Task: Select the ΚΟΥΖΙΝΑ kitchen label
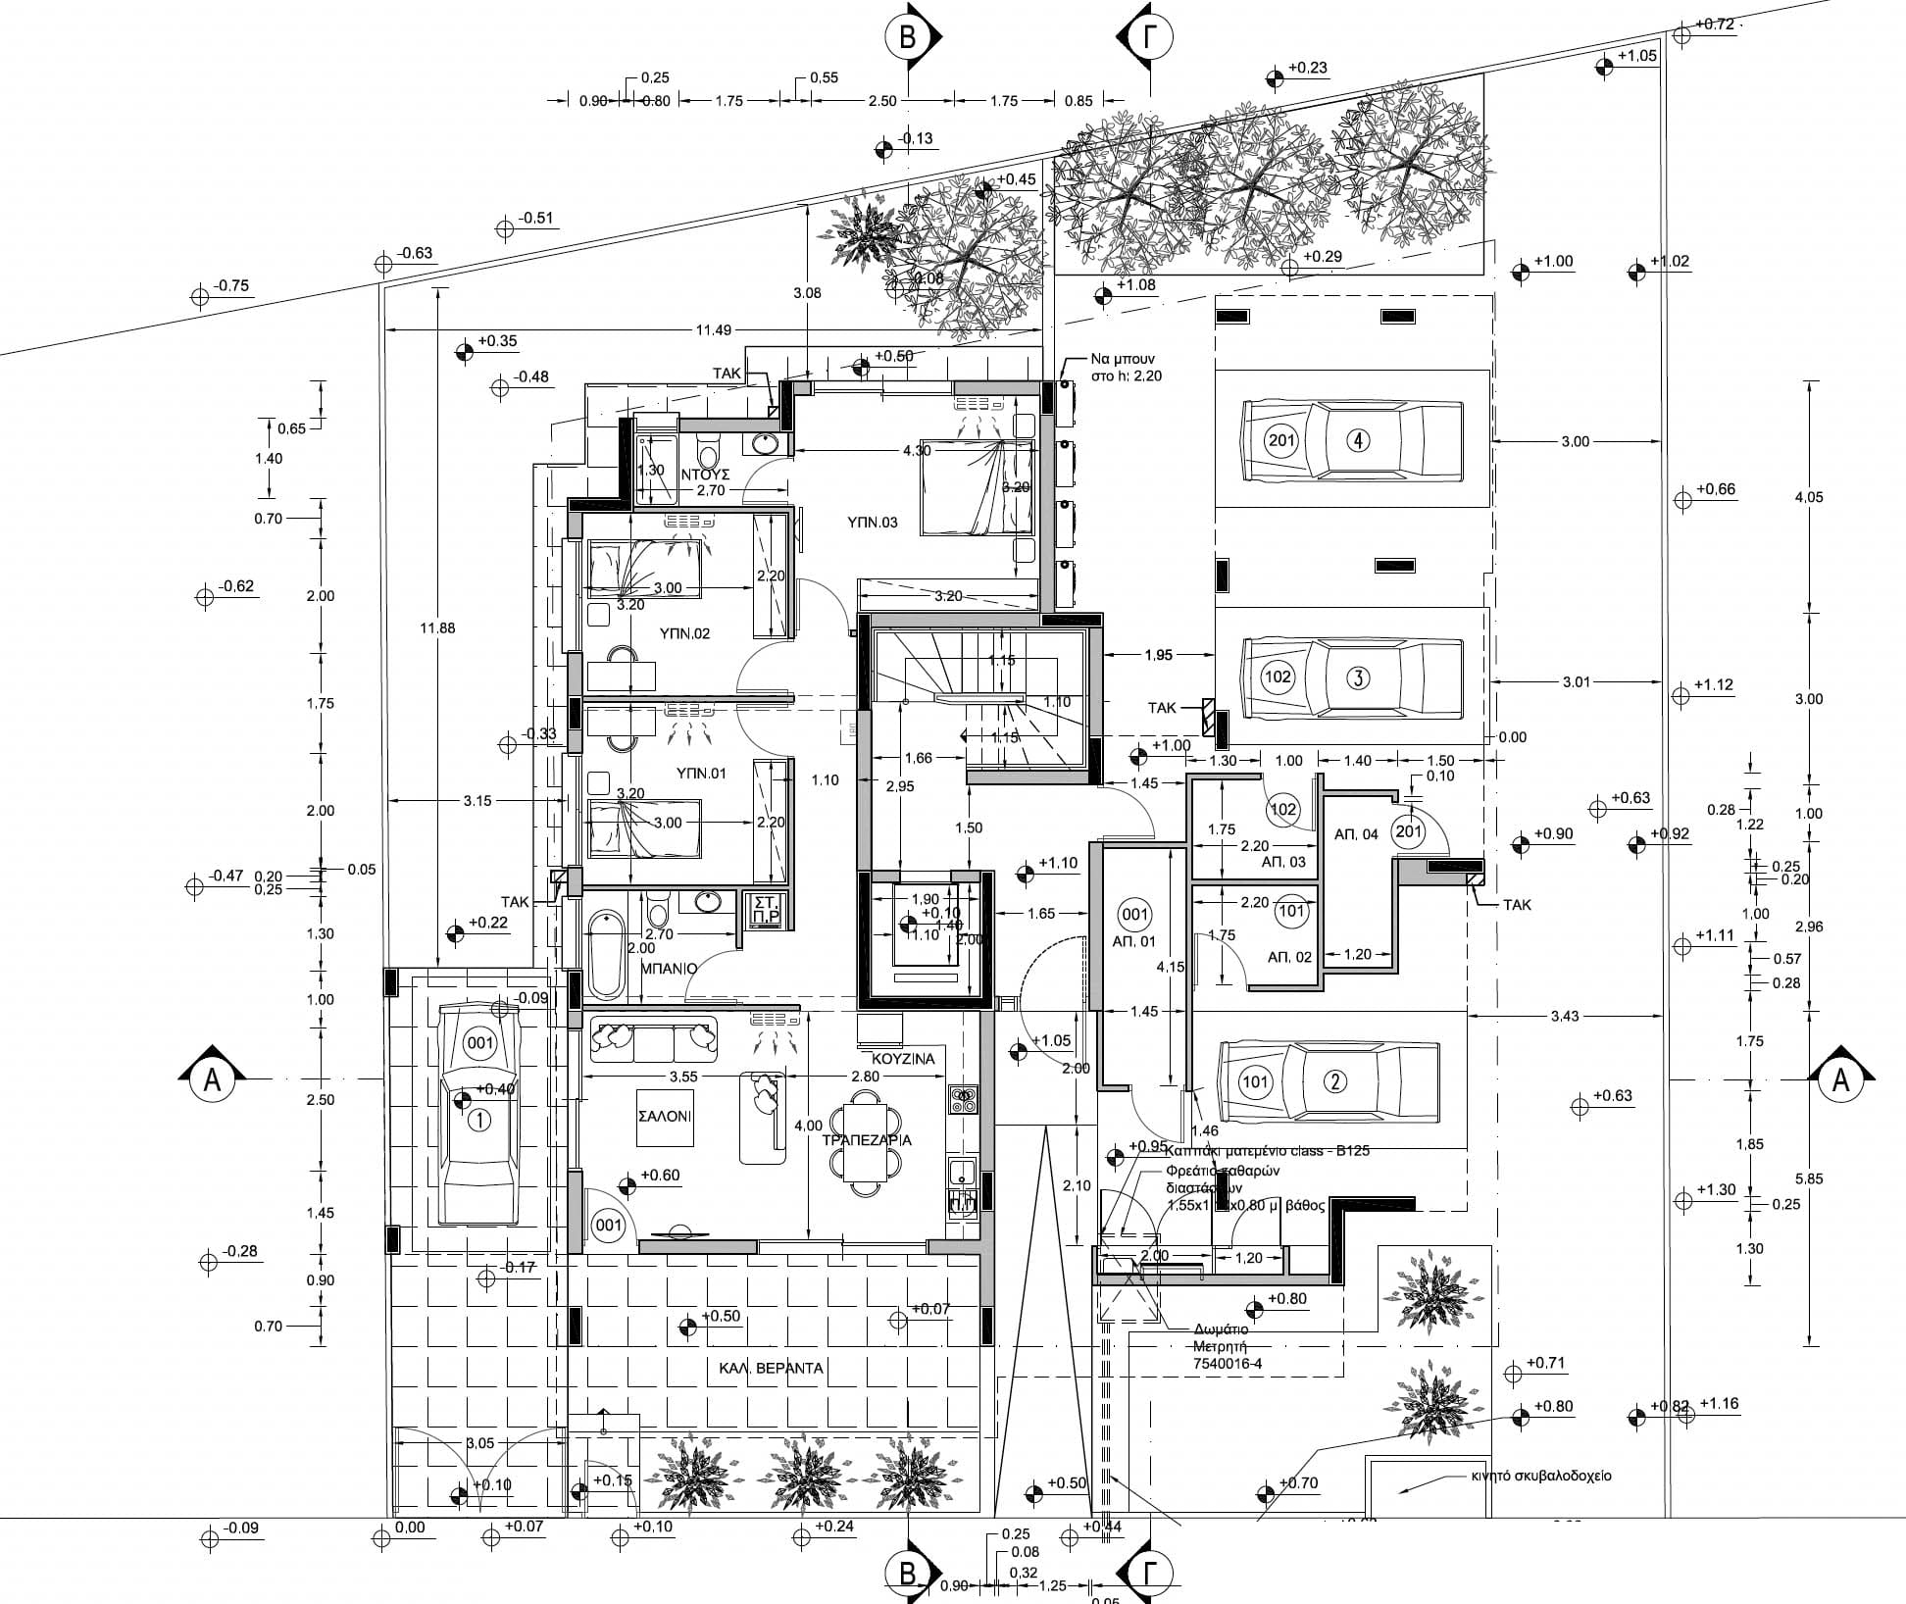click(903, 1059)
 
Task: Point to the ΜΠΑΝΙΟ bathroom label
click(669, 968)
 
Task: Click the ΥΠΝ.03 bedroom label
click(873, 523)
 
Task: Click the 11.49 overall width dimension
click(713, 330)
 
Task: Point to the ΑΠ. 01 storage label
click(1134, 941)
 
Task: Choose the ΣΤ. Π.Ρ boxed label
click(764, 909)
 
